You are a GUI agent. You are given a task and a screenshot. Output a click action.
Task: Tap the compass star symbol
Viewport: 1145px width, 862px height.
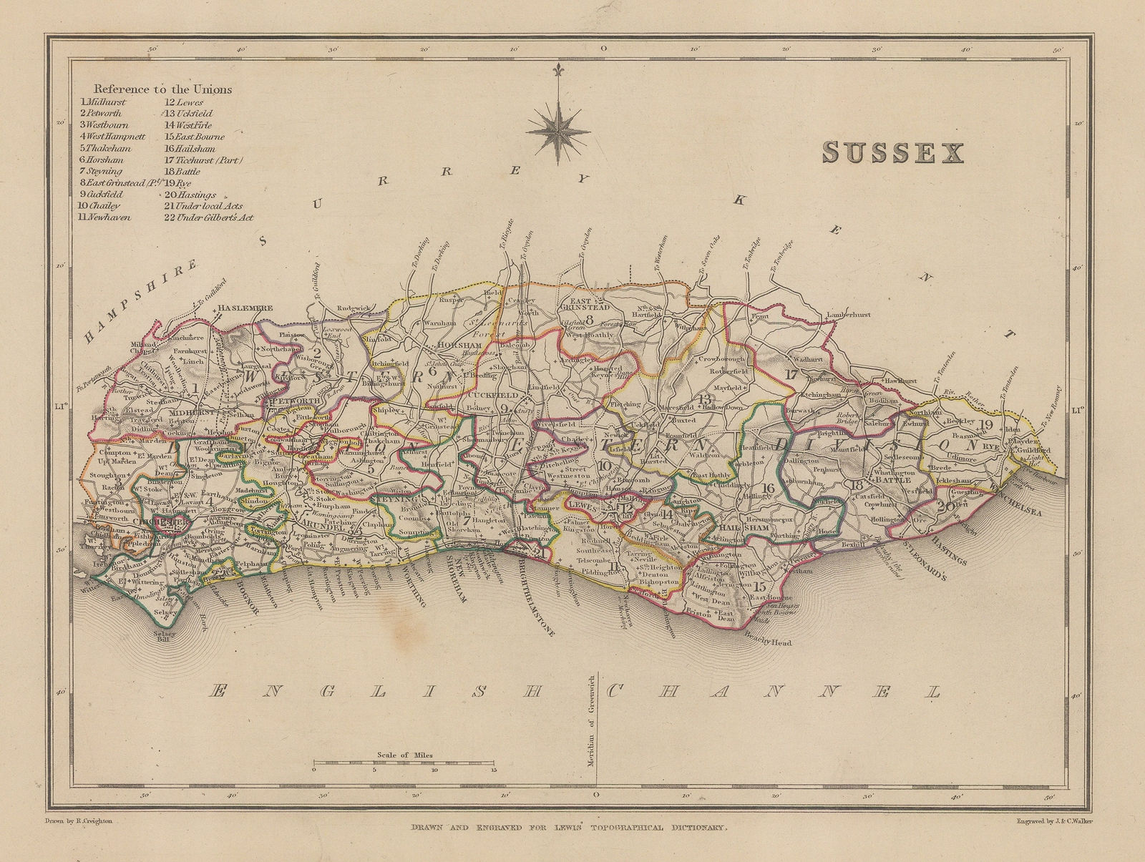[x=558, y=129]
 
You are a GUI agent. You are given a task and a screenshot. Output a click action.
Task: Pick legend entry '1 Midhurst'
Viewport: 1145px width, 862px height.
[x=103, y=102]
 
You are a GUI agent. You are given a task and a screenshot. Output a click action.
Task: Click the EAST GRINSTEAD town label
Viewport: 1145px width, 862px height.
[x=589, y=303]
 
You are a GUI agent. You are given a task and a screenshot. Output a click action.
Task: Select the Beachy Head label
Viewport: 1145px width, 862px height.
[x=768, y=642]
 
